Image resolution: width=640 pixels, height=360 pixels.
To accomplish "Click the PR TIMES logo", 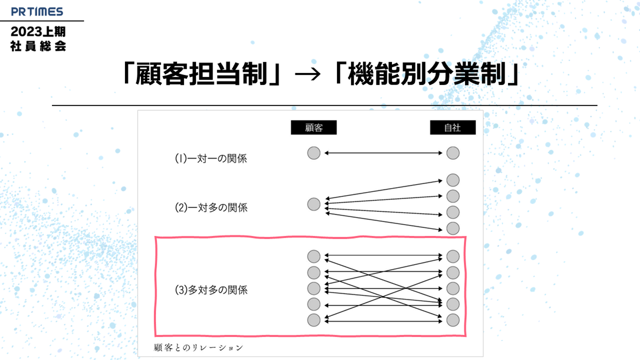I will [38, 12].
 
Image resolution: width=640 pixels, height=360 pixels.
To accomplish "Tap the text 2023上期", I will [38, 32].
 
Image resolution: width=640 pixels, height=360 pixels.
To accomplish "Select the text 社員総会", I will [38, 46].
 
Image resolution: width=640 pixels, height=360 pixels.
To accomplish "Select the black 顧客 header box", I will [313, 128].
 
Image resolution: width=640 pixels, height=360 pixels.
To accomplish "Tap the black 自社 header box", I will [452, 128].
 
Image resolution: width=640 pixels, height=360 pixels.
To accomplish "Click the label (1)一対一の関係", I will [211, 159].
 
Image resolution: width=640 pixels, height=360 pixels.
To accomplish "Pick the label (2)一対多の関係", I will [211, 208].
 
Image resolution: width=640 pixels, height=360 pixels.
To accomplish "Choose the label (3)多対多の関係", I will [211, 291].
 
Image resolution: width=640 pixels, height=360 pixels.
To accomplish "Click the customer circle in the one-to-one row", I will [314, 153].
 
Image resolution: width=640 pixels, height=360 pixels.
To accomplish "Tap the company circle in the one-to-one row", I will [452, 153].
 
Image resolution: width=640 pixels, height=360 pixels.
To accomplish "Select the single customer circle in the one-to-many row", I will [314, 204].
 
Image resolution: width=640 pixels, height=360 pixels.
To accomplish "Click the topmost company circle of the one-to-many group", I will [452, 180].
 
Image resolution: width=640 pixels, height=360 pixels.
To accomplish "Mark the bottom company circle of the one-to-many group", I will [452, 228].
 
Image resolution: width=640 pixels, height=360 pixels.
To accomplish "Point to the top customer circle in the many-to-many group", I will [314, 256].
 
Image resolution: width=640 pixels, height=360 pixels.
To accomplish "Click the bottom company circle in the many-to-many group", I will [452, 320].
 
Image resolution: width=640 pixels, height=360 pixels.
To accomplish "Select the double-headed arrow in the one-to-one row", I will [383, 153].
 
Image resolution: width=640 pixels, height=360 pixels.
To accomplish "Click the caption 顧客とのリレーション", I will [198, 347].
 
